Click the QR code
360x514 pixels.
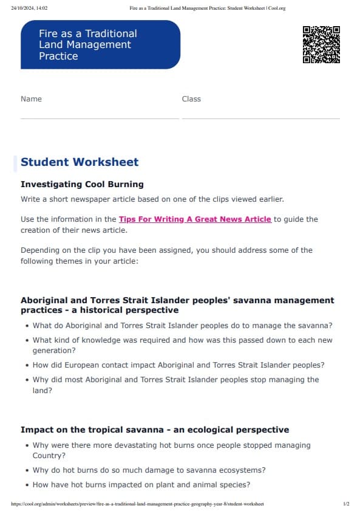(x=321, y=44)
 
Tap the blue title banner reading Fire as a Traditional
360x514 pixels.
(x=100, y=44)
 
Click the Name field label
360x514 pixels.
(x=31, y=98)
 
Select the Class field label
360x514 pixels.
(x=191, y=98)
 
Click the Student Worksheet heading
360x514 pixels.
(x=80, y=162)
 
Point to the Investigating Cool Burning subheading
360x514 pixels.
(x=82, y=184)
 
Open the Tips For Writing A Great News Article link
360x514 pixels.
(x=195, y=219)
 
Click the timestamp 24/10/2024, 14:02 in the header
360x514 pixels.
(x=29, y=8)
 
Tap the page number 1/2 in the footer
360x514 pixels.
(x=346, y=504)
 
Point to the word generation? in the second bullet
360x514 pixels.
(x=54, y=351)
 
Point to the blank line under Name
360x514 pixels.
(x=100, y=118)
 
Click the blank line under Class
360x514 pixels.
(x=260, y=118)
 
